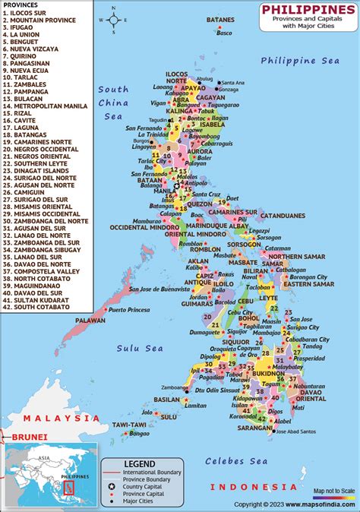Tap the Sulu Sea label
(x=140, y=348)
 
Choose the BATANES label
(x=220, y=20)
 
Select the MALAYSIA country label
(x=61, y=419)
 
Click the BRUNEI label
(x=30, y=437)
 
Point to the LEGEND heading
(x=139, y=464)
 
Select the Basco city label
(x=224, y=33)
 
